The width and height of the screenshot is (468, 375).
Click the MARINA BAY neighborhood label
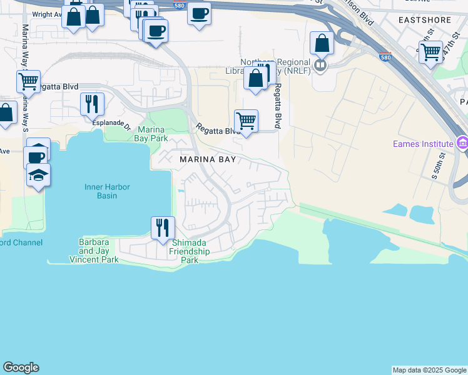[208, 159]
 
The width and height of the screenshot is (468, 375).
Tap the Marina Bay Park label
[150, 134]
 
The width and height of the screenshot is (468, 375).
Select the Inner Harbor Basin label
[101, 191]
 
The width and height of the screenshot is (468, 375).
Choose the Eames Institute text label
[422, 144]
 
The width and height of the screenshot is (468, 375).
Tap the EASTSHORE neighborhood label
[425, 20]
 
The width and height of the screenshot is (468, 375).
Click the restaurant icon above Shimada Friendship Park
[162, 227]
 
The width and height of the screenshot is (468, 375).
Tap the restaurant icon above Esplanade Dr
[92, 104]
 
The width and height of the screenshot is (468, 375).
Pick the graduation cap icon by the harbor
[38, 175]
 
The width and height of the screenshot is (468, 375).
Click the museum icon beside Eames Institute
[462, 144]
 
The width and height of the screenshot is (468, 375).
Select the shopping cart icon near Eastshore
[430, 52]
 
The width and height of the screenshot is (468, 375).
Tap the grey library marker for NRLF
[321, 65]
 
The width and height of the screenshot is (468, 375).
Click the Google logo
[21, 367]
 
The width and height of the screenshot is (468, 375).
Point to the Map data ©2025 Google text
[429, 370]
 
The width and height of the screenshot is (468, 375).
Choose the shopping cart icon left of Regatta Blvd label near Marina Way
[28, 81]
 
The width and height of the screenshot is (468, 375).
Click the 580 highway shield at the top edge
[179, 4]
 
